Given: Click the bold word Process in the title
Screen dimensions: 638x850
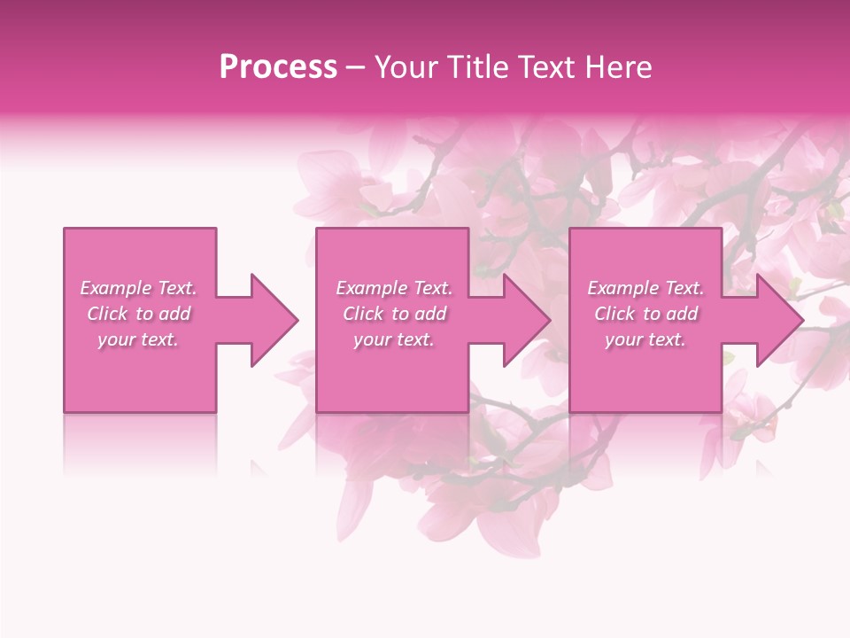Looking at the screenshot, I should pyautogui.click(x=278, y=67).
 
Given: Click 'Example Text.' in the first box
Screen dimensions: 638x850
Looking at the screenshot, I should pyautogui.click(x=138, y=288).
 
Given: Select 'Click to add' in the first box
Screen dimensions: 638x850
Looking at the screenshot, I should pyautogui.click(x=139, y=314).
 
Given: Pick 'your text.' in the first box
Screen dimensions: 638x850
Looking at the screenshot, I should pyautogui.click(x=138, y=339).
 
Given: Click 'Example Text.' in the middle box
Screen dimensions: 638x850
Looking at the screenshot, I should pyautogui.click(x=394, y=288).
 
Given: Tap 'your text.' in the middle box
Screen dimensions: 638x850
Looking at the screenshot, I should pyautogui.click(x=394, y=339).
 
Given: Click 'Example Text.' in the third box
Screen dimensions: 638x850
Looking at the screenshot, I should pyautogui.click(x=645, y=288).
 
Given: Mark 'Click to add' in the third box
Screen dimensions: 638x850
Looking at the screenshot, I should pyautogui.click(x=646, y=314).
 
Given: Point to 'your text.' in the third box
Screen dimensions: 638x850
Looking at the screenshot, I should pyautogui.click(x=645, y=339).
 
